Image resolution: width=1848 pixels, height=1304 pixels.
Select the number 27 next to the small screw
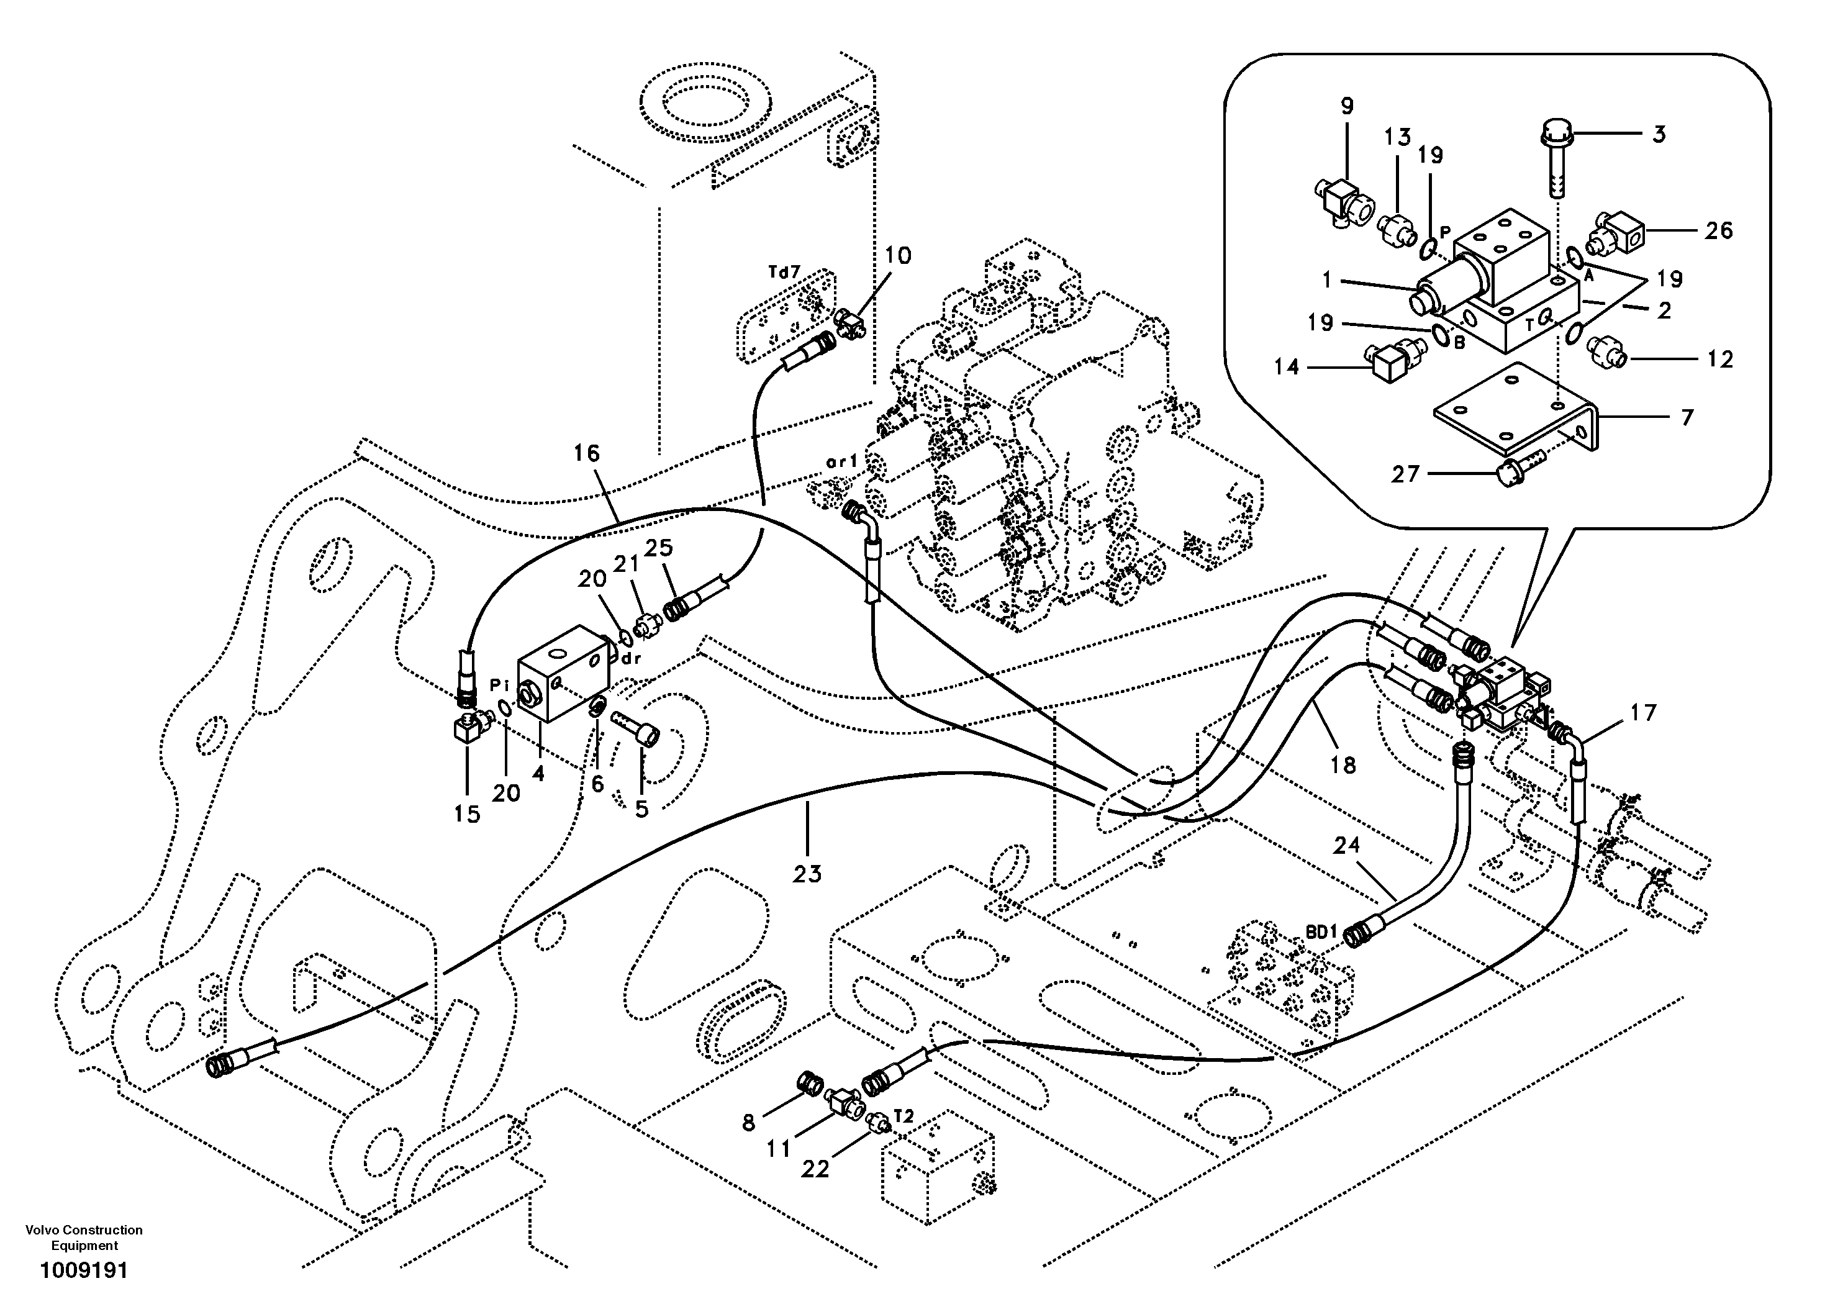[1405, 474]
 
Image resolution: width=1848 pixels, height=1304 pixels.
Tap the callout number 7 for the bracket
[1687, 417]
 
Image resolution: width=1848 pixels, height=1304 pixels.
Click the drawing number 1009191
[84, 1271]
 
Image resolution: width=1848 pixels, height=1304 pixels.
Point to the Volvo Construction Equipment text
[84, 1237]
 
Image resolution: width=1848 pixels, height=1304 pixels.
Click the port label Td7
[784, 272]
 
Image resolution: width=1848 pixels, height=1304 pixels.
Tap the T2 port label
[904, 1116]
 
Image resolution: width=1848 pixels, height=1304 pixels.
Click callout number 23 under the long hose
[807, 873]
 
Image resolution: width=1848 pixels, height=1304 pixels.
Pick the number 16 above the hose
[587, 453]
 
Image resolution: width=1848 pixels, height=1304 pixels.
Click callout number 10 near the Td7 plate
[899, 256]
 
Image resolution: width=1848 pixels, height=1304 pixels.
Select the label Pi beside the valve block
[500, 685]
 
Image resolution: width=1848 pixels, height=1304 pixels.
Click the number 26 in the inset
[1718, 231]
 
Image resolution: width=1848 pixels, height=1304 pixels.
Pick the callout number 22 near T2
[815, 1169]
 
